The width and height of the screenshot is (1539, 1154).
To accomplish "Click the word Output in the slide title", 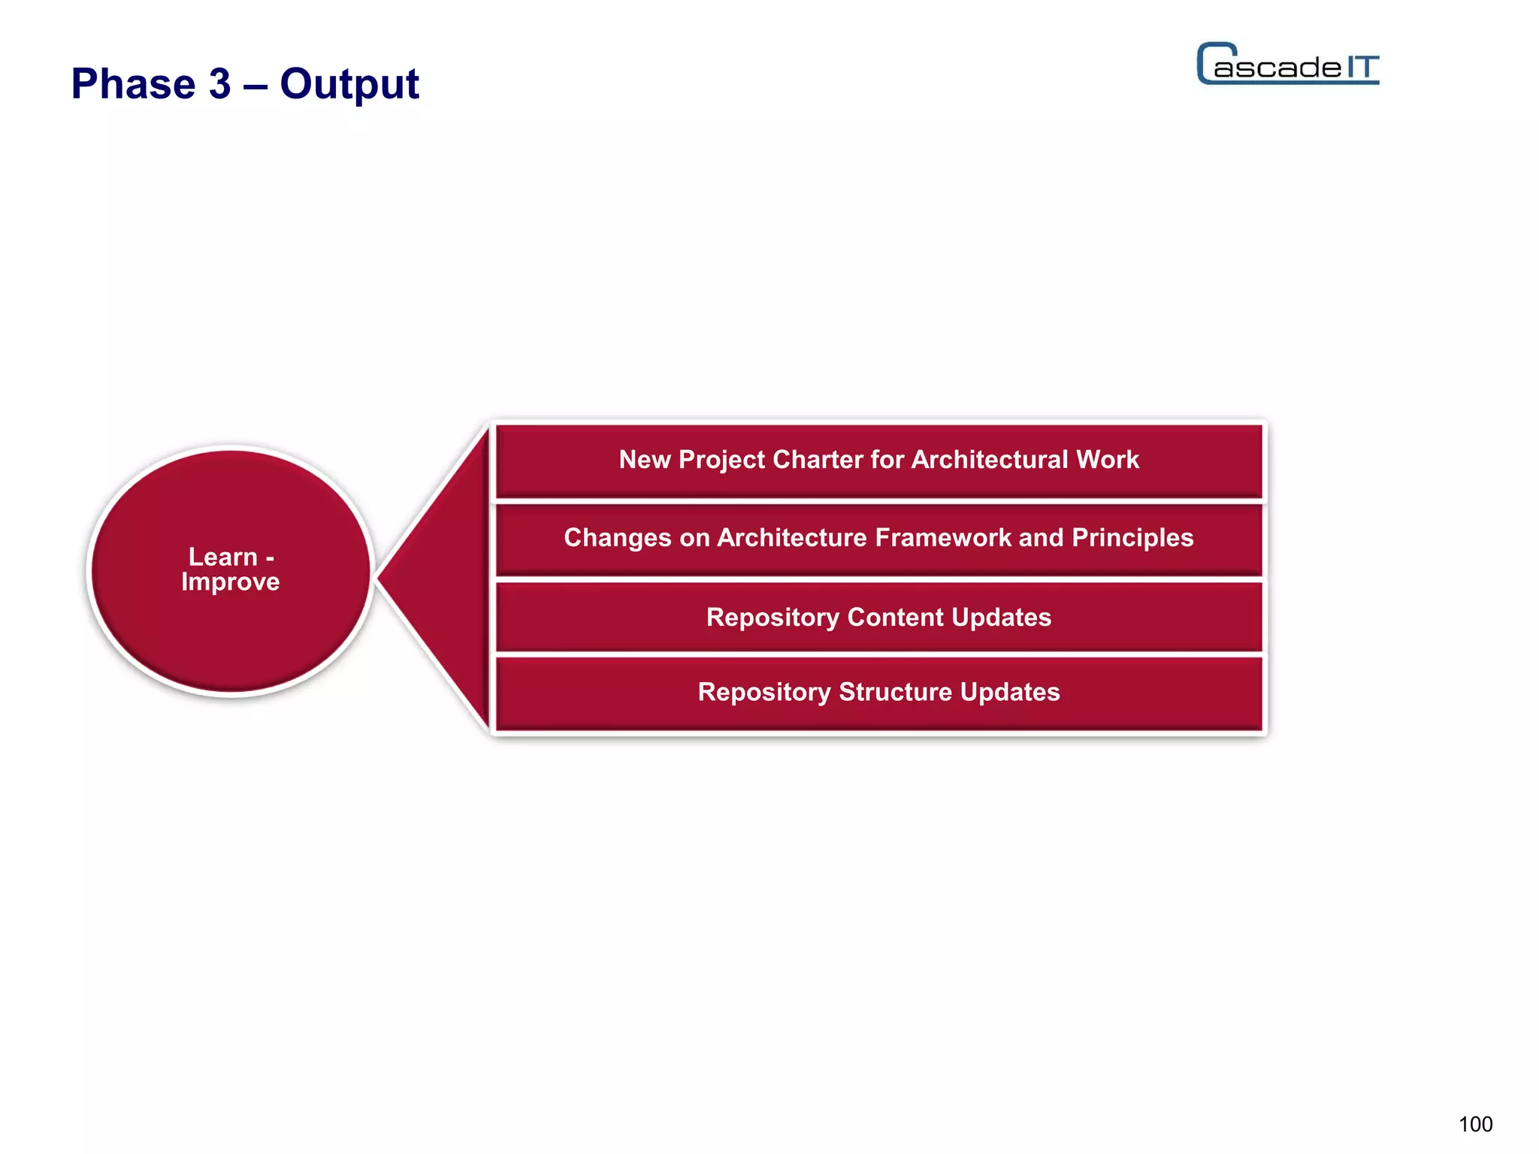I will pyautogui.click(x=349, y=84).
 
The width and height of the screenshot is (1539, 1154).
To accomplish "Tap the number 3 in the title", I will pyautogui.click(x=219, y=83).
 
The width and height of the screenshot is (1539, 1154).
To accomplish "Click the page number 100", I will pyautogui.click(x=1475, y=1124).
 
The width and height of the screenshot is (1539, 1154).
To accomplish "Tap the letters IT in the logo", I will pyautogui.click(x=1362, y=68).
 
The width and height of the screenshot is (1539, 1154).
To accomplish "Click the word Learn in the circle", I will pyautogui.click(x=222, y=557).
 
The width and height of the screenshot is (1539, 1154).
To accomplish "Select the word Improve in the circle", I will pyautogui.click(x=230, y=582).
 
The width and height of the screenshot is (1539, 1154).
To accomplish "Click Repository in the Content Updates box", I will pyautogui.click(x=772, y=617).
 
